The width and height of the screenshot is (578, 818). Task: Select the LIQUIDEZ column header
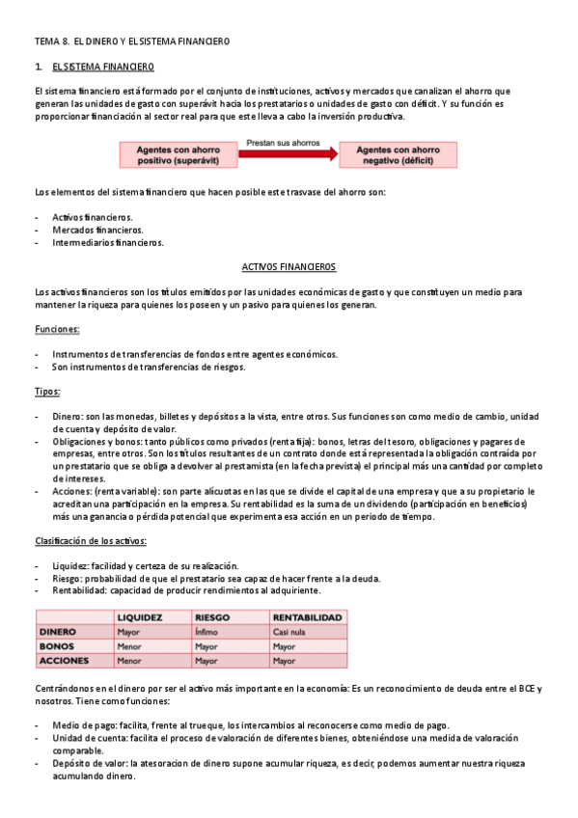140,617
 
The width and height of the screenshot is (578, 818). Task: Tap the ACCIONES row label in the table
63,661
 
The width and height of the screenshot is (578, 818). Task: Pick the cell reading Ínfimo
206,632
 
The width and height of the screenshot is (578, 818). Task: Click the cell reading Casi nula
291,632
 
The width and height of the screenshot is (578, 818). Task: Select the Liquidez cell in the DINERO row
128,632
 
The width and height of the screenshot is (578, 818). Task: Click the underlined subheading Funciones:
57,329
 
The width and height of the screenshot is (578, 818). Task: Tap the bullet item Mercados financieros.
97,230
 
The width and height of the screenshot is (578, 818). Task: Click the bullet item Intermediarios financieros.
107,243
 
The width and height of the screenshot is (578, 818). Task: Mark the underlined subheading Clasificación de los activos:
87,541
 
